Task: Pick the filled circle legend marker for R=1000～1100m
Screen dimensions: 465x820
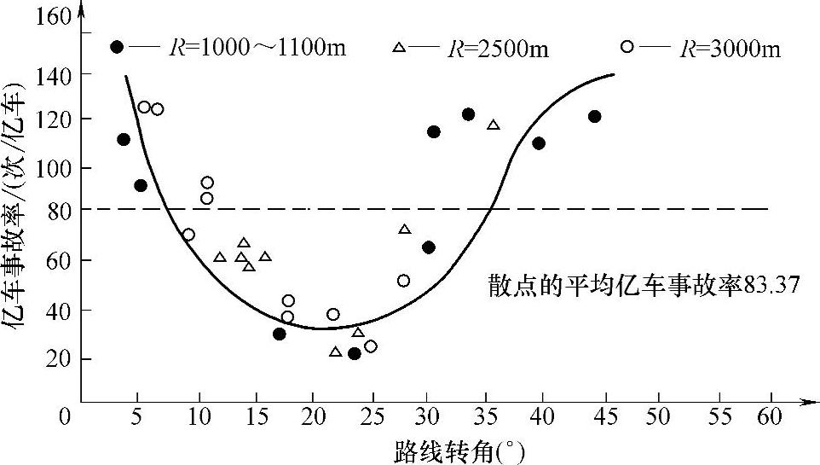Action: [117, 47]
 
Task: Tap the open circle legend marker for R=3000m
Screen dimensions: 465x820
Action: [627, 47]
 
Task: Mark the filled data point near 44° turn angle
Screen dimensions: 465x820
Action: [594, 116]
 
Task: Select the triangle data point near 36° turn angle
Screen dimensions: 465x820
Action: [494, 125]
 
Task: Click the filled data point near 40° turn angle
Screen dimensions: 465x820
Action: [539, 142]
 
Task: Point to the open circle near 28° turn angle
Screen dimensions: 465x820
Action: [403, 280]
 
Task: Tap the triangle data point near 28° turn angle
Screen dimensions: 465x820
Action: [404, 230]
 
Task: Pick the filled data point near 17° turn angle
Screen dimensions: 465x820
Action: [280, 334]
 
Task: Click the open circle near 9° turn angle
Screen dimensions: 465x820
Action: [188, 235]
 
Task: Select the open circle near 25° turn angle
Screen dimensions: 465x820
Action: [370, 346]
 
